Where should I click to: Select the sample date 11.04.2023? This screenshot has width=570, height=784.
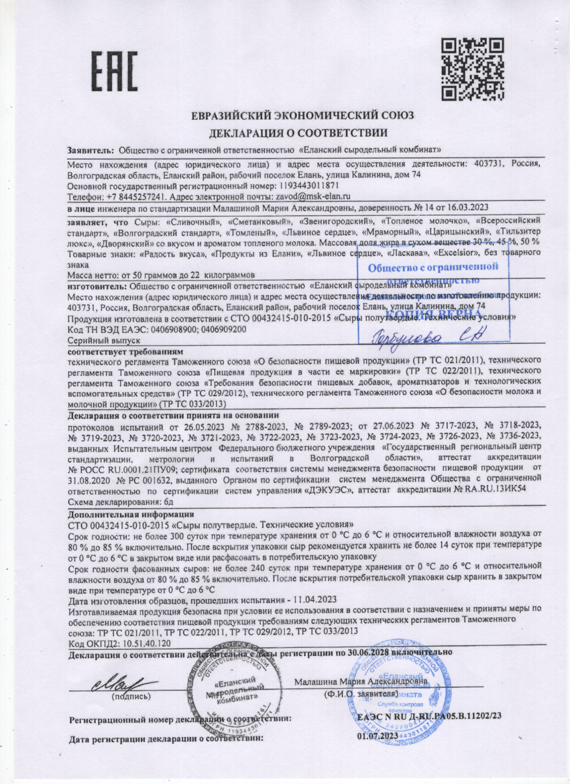(312, 599)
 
